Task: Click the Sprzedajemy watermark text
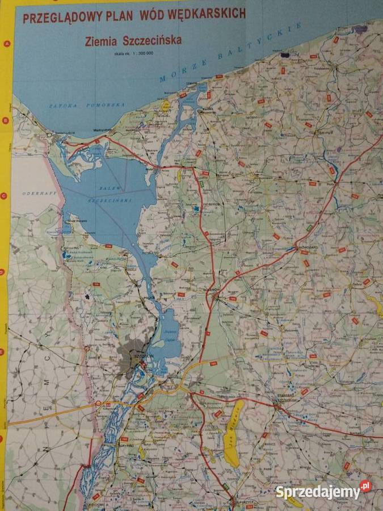(x=318, y=492)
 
